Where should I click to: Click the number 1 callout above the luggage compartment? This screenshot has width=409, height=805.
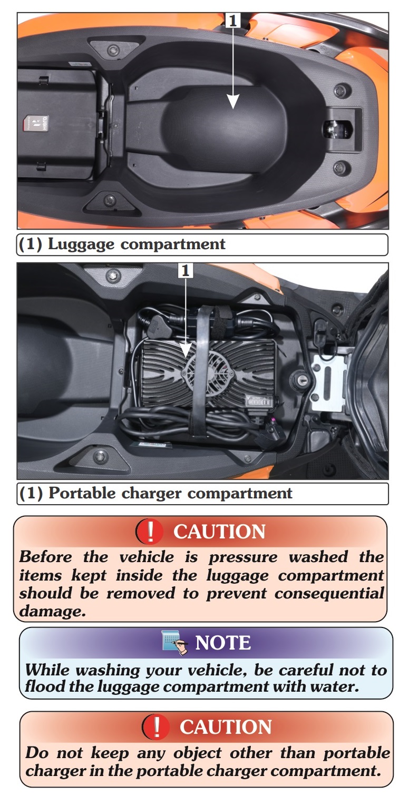coord(233,21)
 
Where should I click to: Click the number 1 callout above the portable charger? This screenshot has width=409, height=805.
coord(186,270)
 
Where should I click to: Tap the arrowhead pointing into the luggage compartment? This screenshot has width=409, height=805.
coord(233,101)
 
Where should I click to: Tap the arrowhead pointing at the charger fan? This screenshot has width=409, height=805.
coord(186,350)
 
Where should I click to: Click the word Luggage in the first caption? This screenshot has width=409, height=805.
coord(81,245)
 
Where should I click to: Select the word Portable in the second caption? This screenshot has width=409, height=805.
coord(82,493)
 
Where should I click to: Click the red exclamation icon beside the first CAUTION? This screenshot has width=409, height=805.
coord(150,531)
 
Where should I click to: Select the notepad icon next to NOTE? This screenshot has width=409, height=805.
coord(174,642)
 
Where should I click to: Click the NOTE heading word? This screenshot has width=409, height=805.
coord(223,643)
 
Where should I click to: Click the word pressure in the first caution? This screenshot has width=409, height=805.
coord(243,557)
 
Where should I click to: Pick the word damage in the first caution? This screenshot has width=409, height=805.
coord(53,611)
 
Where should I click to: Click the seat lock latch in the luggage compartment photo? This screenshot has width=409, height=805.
coord(337,129)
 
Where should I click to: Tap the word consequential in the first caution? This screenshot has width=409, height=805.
coord(329,593)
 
